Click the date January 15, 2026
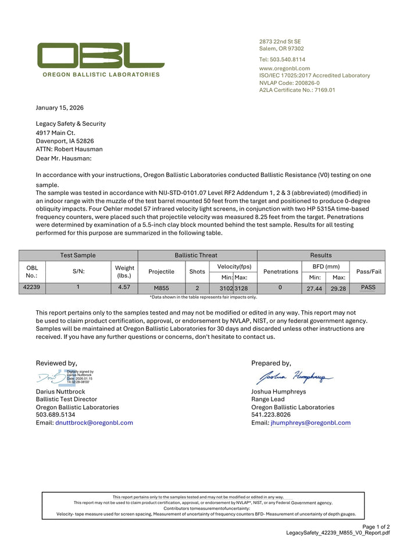pos(60,108)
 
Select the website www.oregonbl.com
pos(284,68)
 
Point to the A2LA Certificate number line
pos(297,90)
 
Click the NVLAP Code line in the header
pos(289,83)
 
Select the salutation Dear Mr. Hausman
pos(63,158)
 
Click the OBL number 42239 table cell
pos(32,288)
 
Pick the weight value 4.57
pos(124,288)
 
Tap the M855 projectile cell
pos(162,288)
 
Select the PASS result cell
pos(368,288)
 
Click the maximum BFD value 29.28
pos(338,288)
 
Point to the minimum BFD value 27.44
pos(314,288)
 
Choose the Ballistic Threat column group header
pos(197,255)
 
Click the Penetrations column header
pos(281,271)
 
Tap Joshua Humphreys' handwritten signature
pos(295,378)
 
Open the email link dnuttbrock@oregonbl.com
pos(94,423)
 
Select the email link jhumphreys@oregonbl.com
pos(310,423)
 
